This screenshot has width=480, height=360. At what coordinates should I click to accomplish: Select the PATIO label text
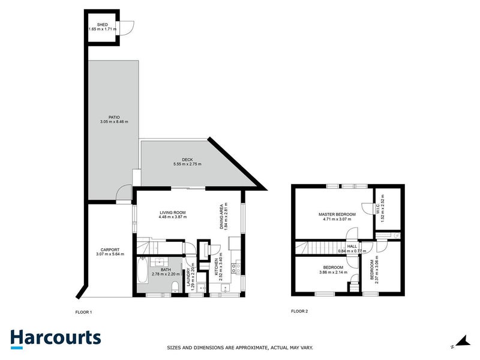(x=114, y=117)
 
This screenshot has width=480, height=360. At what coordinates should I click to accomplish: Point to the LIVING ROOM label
(x=172, y=212)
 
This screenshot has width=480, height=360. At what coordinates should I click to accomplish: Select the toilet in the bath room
(x=175, y=286)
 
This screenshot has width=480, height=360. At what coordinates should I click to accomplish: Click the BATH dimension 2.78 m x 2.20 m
(x=163, y=274)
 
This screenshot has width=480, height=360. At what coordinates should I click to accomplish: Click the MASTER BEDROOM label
(x=337, y=214)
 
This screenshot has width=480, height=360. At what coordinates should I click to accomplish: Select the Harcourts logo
(x=55, y=338)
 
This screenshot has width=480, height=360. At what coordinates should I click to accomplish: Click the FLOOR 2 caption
(x=299, y=311)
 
